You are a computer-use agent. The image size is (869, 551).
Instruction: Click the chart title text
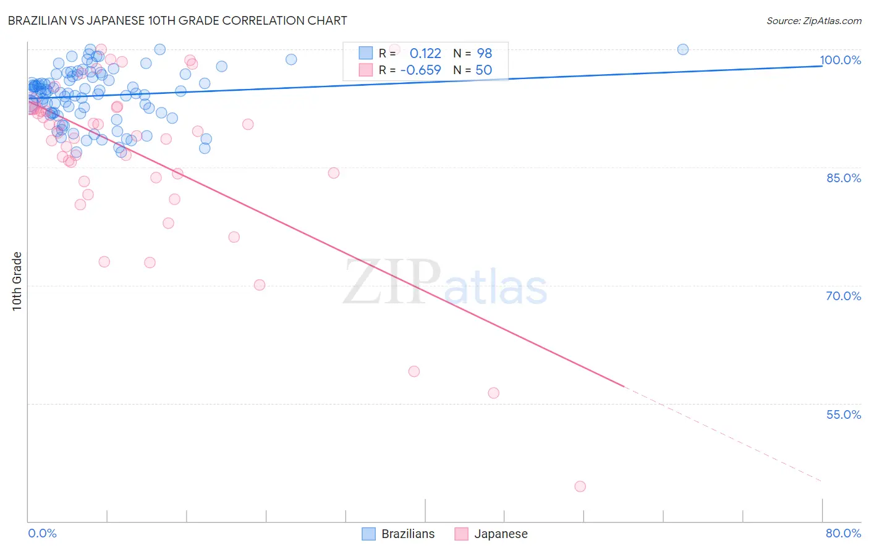pyautogui.click(x=177, y=20)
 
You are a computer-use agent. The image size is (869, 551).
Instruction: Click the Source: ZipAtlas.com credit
pyautogui.click(x=813, y=20)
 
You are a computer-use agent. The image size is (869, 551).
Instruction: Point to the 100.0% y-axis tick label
pyautogui.click(x=840, y=60)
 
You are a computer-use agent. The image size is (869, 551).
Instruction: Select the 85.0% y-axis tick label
pyautogui.click(x=843, y=178)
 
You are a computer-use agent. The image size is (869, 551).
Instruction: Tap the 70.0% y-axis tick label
pyautogui.click(x=843, y=296)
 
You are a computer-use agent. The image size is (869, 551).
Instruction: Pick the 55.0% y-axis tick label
pyautogui.click(x=843, y=414)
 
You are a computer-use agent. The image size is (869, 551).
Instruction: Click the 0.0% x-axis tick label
pyautogui.click(x=42, y=533)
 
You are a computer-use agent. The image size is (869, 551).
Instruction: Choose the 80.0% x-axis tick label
pyautogui.click(x=843, y=533)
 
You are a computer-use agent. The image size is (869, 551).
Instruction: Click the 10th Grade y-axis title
pyautogui.click(x=17, y=281)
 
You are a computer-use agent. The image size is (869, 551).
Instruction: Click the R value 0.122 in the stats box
pyautogui.click(x=425, y=53)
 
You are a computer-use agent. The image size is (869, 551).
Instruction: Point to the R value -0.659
pyautogui.click(x=421, y=70)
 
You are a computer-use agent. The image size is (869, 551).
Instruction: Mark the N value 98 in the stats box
pyautogui.click(x=484, y=53)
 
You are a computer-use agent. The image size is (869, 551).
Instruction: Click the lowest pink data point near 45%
pyautogui.click(x=580, y=486)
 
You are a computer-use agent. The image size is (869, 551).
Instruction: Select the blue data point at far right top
pyautogui.click(x=683, y=49)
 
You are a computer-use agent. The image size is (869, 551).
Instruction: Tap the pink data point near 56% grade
pyautogui.click(x=493, y=393)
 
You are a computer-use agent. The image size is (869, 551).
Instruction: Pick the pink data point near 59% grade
pyautogui.click(x=414, y=371)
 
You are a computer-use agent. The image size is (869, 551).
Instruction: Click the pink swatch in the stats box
pyautogui.click(x=366, y=70)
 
